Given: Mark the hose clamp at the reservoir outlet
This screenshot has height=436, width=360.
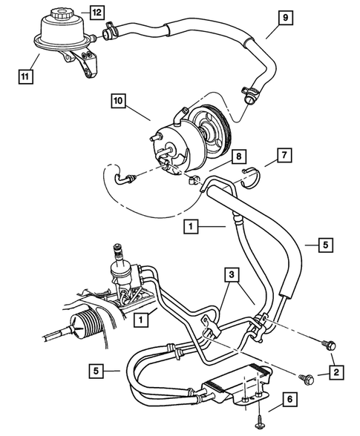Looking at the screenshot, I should coord(109,31).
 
